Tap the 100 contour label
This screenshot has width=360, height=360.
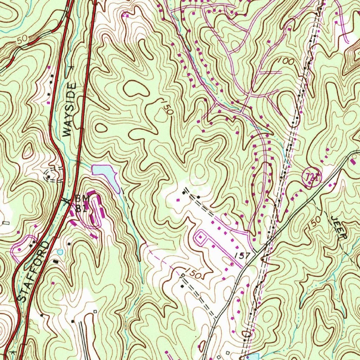point(285,61)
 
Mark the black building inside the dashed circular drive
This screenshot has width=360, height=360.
point(49,174)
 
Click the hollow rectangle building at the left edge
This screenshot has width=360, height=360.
point(6,223)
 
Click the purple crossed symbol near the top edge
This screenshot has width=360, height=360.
point(126,15)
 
